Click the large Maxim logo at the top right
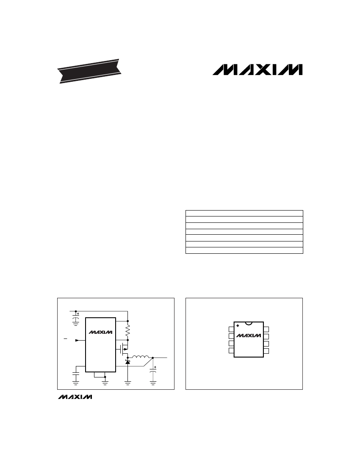pyautogui.click(x=258, y=69)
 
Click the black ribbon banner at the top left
pyautogui.click(x=89, y=71)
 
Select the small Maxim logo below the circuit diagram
pyautogui.click(x=75, y=397)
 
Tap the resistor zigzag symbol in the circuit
pyautogui.click(x=128, y=330)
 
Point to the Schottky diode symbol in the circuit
pyautogui.click(x=128, y=362)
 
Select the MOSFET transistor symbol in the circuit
pyautogui.click(x=123, y=349)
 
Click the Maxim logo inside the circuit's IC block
pyautogui.click(x=100, y=332)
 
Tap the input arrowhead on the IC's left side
pyautogui.click(x=77, y=340)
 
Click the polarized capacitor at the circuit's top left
pyautogui.click(x=76, y=319)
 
